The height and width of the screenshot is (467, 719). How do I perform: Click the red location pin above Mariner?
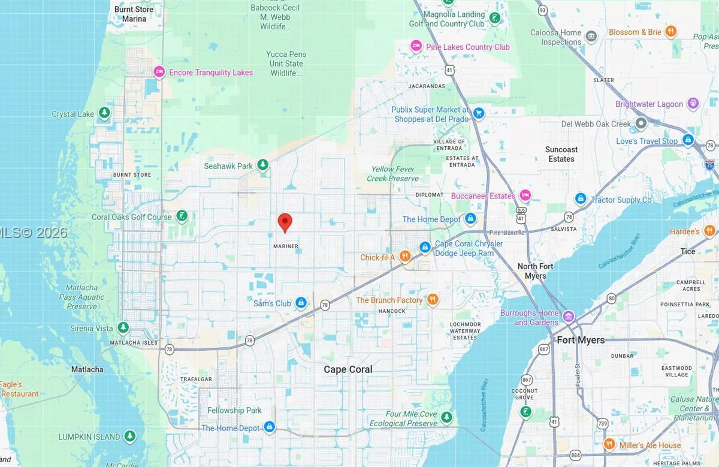[x=285, y=222]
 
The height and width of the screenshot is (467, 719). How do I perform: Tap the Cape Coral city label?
[x=348, y=369]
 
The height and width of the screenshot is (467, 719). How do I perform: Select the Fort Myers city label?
[x=581, y=340]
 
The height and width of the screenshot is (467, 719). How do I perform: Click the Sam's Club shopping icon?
[x=301, y=303]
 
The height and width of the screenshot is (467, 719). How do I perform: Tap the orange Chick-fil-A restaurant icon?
[x=405, y=257]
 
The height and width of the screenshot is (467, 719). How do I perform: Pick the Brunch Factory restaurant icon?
[x=433, y=300]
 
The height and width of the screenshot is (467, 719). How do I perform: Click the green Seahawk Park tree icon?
[x=262, y=165]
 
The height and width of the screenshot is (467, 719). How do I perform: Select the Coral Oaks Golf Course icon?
[x=182, y=216]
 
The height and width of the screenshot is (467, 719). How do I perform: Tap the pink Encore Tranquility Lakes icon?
[x=159, y=72]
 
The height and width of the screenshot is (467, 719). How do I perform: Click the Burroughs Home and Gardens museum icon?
[x=568, y=316]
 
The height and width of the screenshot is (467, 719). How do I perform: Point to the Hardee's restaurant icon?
[x=710, y=231]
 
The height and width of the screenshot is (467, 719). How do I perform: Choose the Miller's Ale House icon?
[x=609, y=444]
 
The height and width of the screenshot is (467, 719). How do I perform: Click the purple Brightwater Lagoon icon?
[x=693, y=104]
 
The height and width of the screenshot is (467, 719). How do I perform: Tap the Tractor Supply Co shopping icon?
[x=580, y=198]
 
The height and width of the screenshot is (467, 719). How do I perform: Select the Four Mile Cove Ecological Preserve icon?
[x=446, y=417]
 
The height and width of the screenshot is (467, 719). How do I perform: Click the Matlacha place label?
[x=87, y=369]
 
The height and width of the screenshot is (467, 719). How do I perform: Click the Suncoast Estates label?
[x=561, y=154]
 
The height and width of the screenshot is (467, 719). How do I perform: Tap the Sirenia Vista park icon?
[x=123, y=327]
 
